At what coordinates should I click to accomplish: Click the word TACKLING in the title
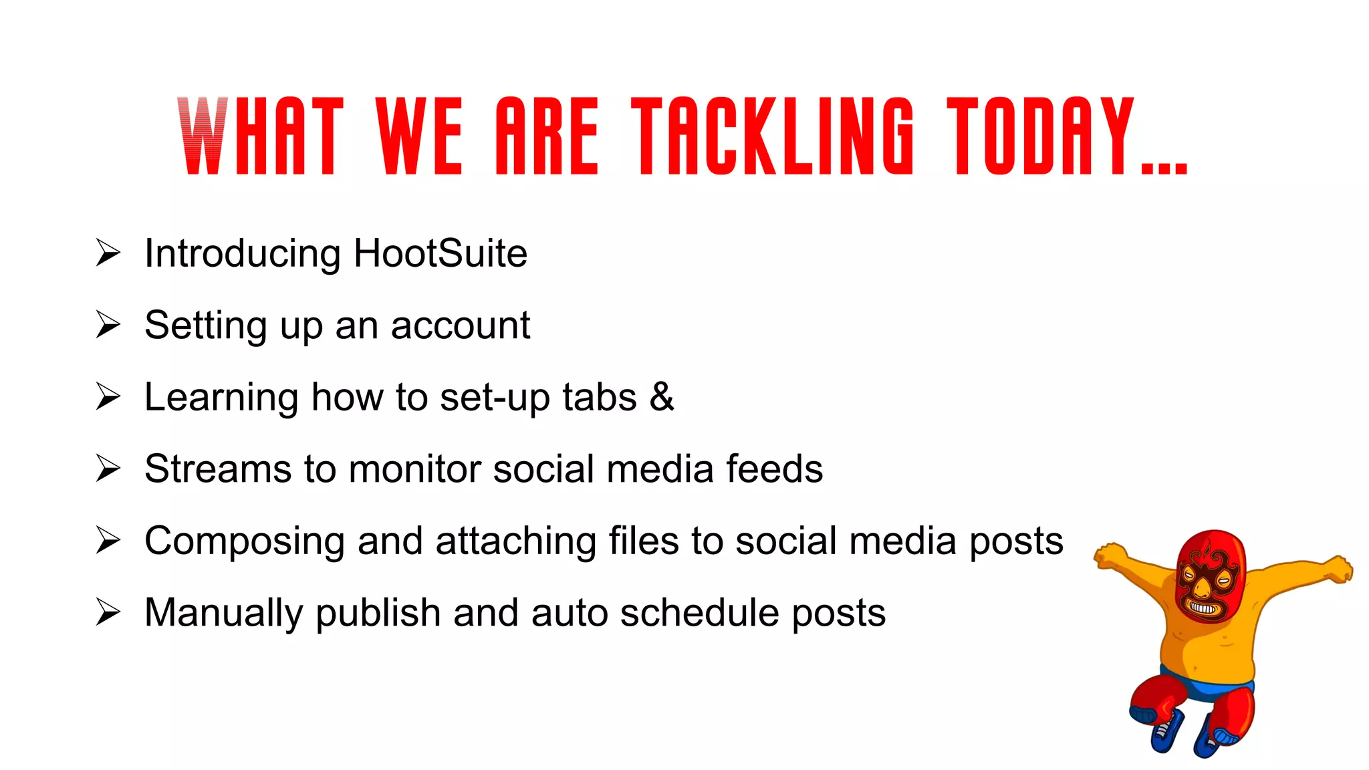[772, 136]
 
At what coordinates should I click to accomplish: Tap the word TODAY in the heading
[1040, 136]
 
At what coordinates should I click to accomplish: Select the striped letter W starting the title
[202, 136]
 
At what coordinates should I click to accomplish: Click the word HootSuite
[441, 254]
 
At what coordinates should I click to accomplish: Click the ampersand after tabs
[662, 397]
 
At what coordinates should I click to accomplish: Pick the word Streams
[218, 469]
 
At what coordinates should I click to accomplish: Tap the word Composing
[244, 541]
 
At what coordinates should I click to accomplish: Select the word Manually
[223, 614]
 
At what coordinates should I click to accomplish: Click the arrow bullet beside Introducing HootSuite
[108, 253]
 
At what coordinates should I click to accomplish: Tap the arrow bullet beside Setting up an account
[108, 325]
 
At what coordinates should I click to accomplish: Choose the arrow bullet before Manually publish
[108, 612]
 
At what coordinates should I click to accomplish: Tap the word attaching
[515, 541]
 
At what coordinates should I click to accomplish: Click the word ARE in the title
[547, 136]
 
